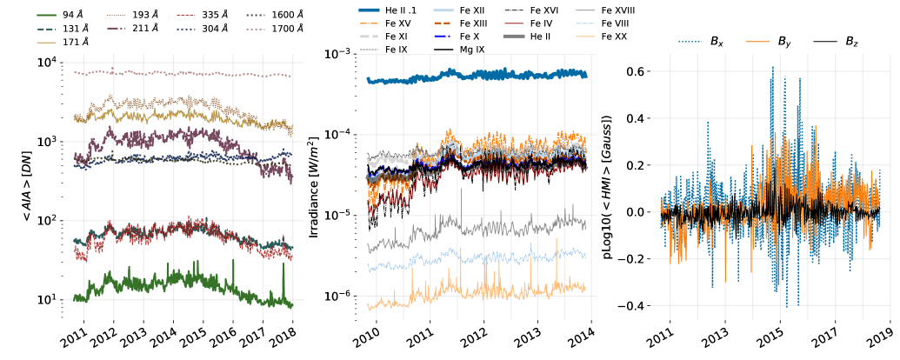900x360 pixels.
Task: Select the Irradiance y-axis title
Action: click(x=315, y=183)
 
